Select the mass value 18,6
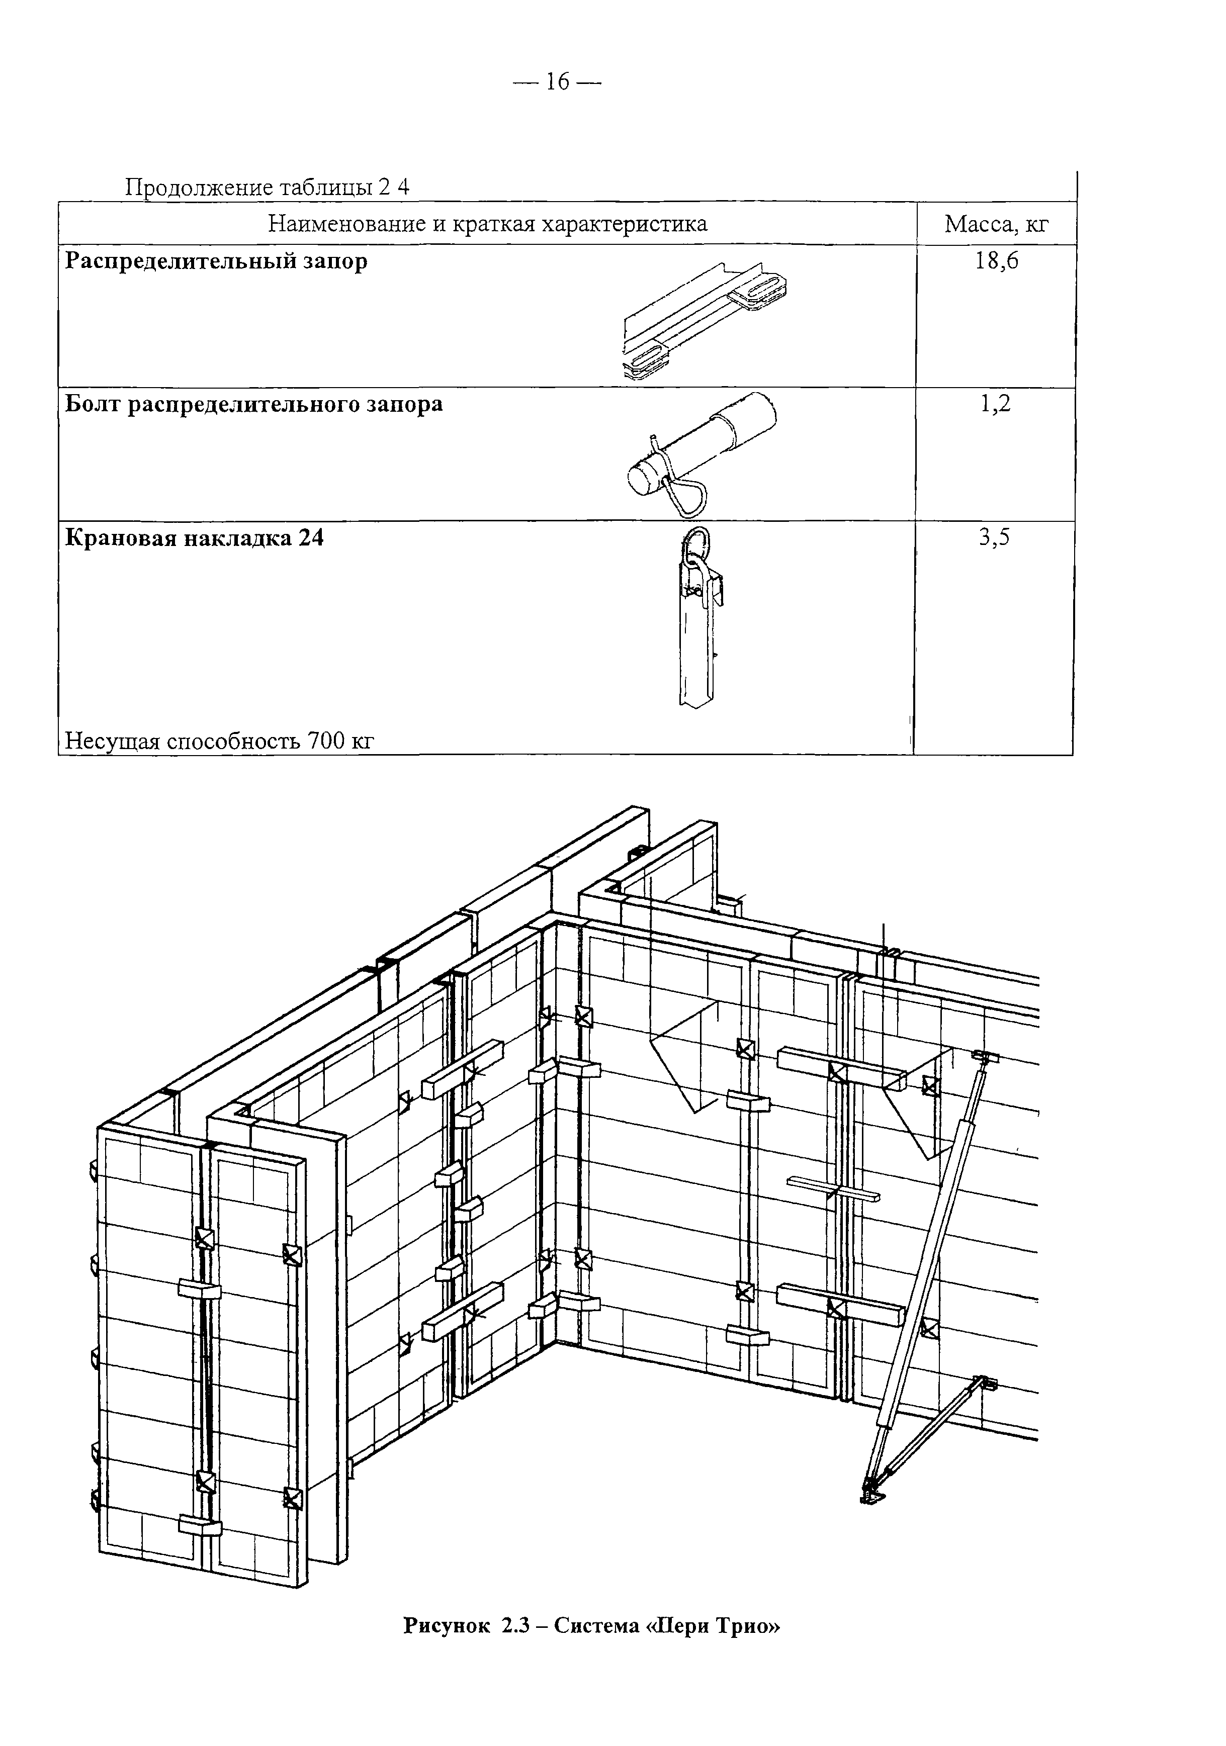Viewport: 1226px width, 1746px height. pyautogui.click(x=996, y=261)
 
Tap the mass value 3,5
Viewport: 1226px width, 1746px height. pyautogui.click(x=995, y=538)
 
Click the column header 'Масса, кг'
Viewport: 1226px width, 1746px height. pyautogui.click(x=996, y=224)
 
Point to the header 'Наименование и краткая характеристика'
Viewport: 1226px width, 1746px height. pyautogui.click(x=487, y=224)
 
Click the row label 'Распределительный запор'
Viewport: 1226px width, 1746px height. pyautogui.click(x=216, y=261)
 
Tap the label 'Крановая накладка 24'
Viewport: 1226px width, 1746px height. pyautogui.click(x=195, y=538)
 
